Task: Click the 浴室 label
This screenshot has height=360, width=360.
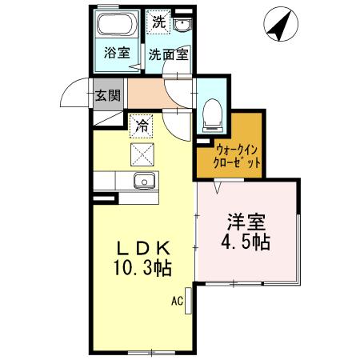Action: (117, 54)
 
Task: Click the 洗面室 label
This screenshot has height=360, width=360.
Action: (168, 55)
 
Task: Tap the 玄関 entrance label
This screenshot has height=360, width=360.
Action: (107, 95)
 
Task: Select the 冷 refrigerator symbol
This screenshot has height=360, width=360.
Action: (142, 124)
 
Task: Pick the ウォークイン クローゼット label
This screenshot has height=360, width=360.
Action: (238, 155)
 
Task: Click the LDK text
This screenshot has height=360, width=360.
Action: (142, 246)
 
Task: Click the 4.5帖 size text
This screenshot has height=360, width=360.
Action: (246, 241)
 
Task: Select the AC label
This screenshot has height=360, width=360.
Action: (177, 302)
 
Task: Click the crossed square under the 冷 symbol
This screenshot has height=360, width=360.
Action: (142, 153)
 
